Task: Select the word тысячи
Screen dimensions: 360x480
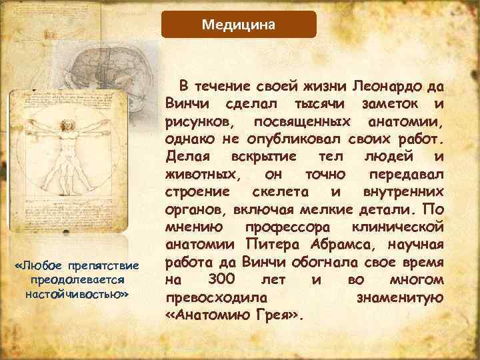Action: tap(313, 105)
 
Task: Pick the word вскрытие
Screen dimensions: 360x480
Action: tap(261, 157)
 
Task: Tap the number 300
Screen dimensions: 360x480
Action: tap(221, 279)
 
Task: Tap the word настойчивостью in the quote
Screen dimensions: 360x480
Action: tap(74, 293)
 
